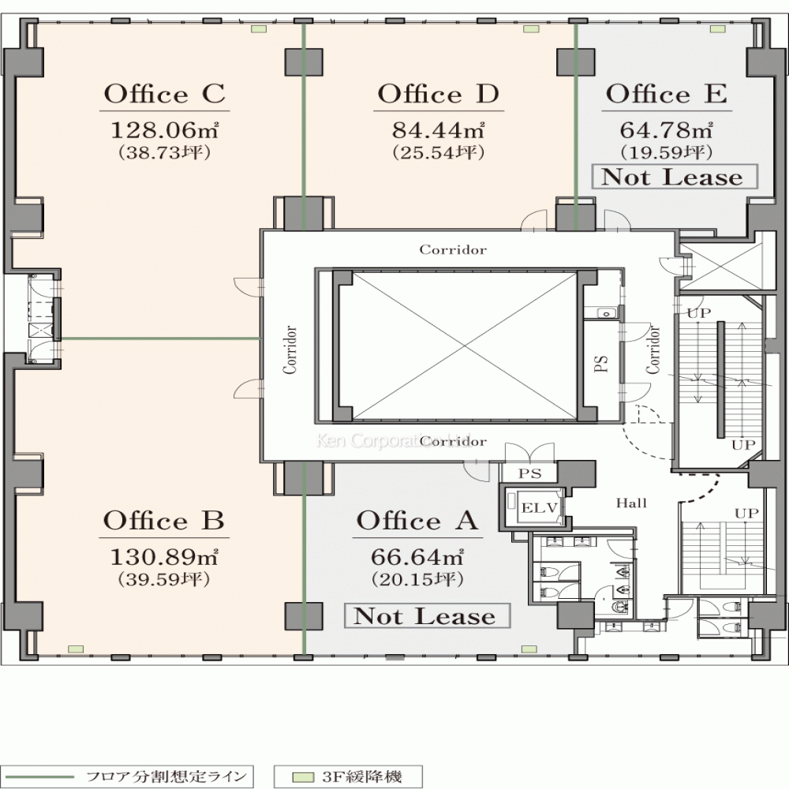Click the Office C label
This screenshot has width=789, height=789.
point(165,94)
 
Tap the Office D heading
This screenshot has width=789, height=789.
point(438,94)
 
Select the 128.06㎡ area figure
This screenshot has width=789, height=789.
point(164,130)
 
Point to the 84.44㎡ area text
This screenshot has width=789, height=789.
point(438,130)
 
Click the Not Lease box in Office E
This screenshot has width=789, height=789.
point(675,177)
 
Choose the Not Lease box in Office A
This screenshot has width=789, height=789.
point(427,616)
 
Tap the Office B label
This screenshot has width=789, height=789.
point(164,521)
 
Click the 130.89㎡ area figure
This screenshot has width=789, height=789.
point(164,556)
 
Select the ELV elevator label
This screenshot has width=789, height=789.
point(540,507)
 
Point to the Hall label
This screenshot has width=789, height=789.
point(631,503)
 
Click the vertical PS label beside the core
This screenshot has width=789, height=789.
point(601,363)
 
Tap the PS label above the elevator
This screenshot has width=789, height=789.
point(530,473)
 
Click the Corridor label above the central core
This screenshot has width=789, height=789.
point(453,249)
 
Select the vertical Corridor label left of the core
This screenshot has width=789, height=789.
point(290,350)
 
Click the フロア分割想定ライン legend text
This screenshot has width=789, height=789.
point(166,776)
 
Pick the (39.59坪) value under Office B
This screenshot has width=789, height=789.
point(164,580)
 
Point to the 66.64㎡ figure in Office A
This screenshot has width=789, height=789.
point(417,556)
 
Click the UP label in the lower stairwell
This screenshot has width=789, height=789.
point(746,514)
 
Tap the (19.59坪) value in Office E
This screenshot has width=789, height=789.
point(666,152)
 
